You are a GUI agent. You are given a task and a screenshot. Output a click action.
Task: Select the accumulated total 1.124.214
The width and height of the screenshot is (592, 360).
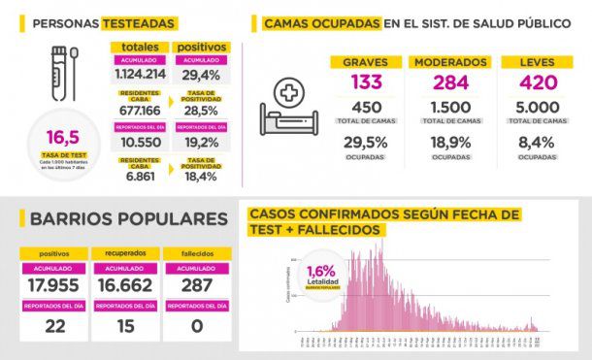pos(139,72)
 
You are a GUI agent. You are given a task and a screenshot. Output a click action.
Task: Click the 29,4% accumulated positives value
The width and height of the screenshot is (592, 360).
pos(203,72)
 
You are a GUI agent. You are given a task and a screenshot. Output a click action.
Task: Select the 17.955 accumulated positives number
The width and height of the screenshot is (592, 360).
pos(53,286)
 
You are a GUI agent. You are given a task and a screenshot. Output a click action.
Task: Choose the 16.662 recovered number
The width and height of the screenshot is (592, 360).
pos(123,286)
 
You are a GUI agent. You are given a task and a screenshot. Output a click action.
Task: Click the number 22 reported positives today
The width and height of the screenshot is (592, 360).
pos(53,327)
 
